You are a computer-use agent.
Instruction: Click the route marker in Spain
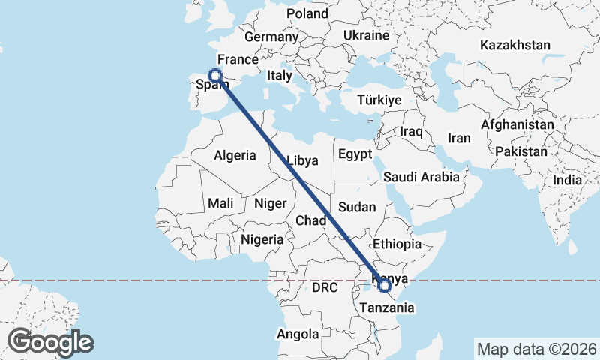click(215, 75)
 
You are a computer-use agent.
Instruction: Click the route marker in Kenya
click(385, 285)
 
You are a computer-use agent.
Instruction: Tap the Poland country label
click(307, 13)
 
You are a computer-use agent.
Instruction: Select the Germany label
click(271, 37)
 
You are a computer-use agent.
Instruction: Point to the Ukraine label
click(366, 35)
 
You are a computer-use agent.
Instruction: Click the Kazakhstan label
click(515, 45)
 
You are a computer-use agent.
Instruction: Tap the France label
click(238, 59)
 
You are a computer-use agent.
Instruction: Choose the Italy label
click(280, 76)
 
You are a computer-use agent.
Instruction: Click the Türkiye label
click(379, 100)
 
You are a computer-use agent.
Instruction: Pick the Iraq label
click(412, 131)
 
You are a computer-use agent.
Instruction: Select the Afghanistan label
click(518, 124)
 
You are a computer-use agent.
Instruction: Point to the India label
click(568, 180)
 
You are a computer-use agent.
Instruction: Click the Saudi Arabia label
click(421, 178)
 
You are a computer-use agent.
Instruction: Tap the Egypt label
click(355, 155)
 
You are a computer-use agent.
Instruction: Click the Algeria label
click(235, 156)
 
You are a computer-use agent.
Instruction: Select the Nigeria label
click(262, 239)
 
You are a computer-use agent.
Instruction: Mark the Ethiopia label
click(397, 244)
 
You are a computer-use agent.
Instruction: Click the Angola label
click(298, 334)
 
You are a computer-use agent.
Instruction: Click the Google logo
click(50, 342)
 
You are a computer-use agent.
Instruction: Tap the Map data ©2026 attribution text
click(536, 349)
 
